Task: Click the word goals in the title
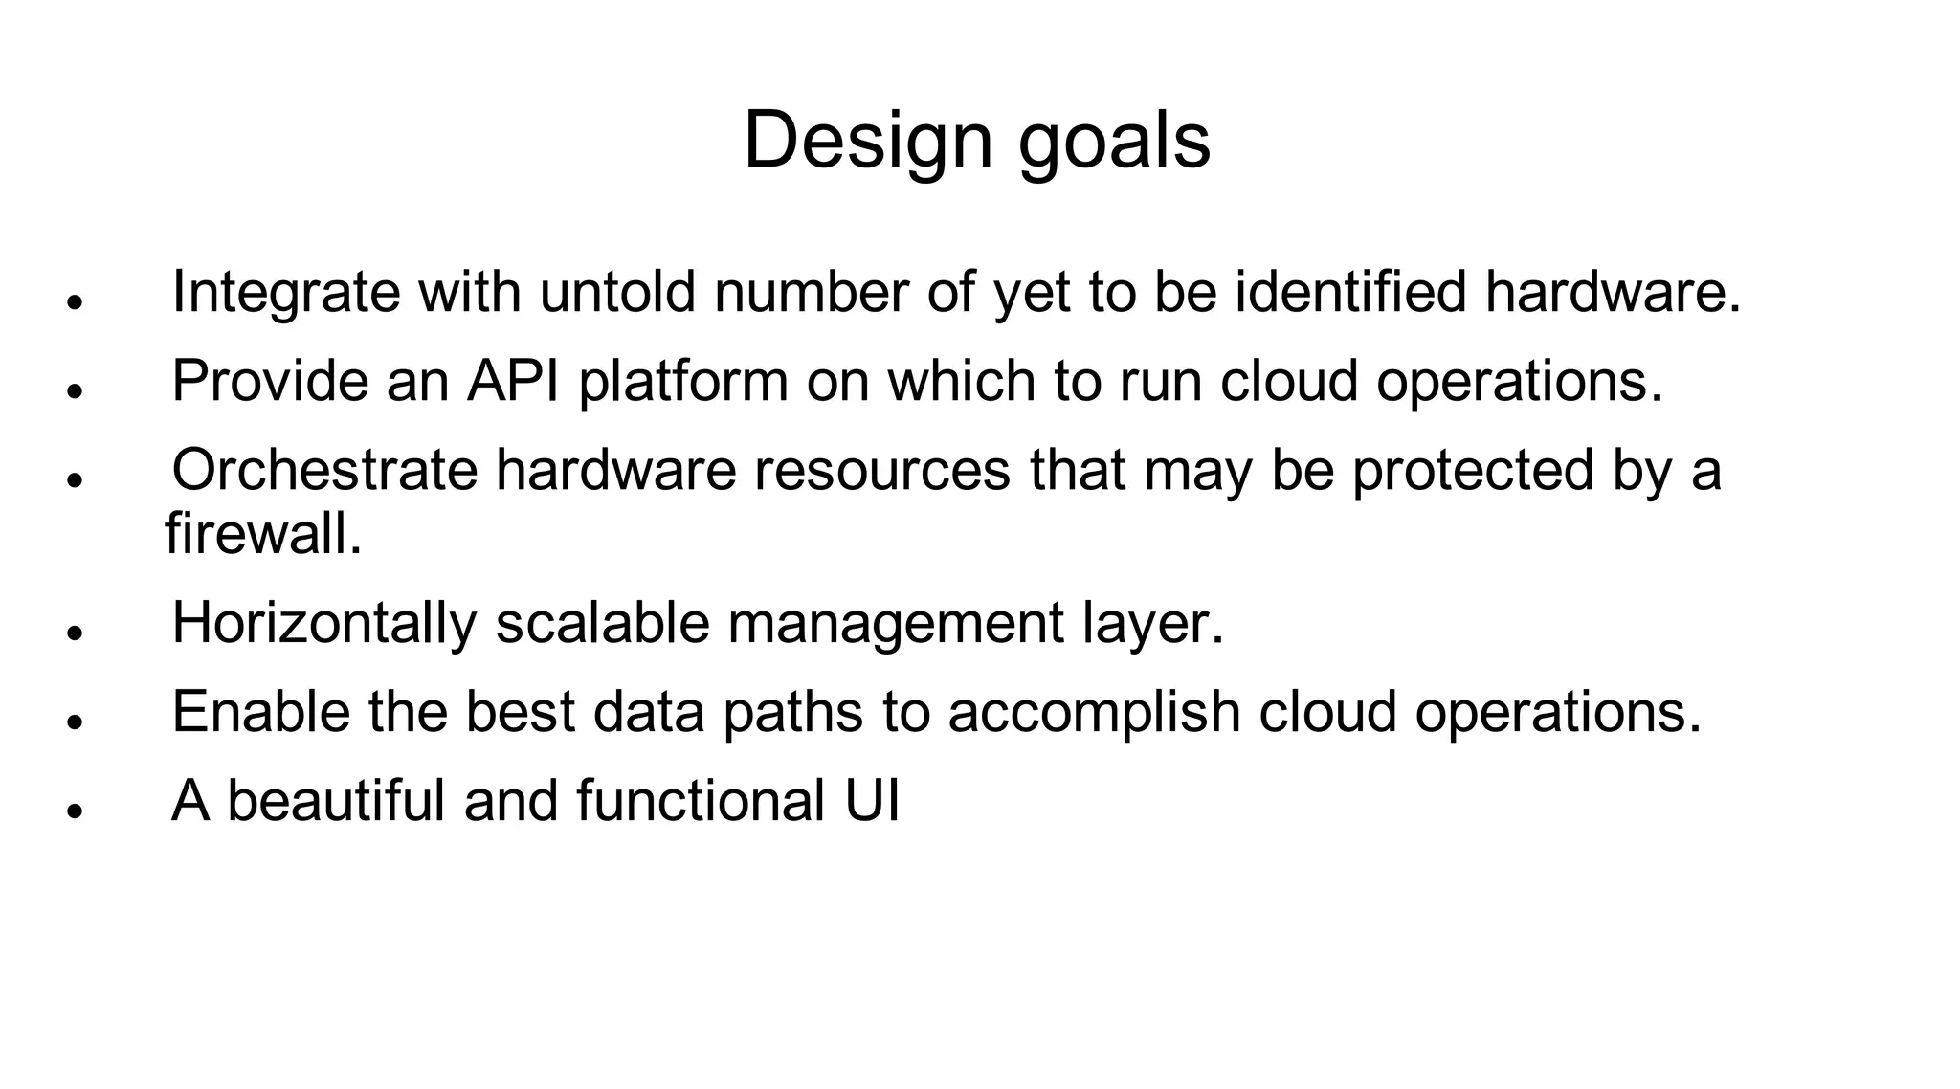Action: [x=1114, y=144]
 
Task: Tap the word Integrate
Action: [x=285, y=293]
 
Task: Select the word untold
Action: [x=617, y=292]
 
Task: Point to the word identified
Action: [x=1350, y=292]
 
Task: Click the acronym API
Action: [x=513, y=381]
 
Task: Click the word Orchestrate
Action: [x=324, y=470]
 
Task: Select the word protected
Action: [x=1473, y=472]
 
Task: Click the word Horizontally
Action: [x=324, y=623]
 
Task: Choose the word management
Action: [x=896, y=625]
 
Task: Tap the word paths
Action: [x=793, y=714]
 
